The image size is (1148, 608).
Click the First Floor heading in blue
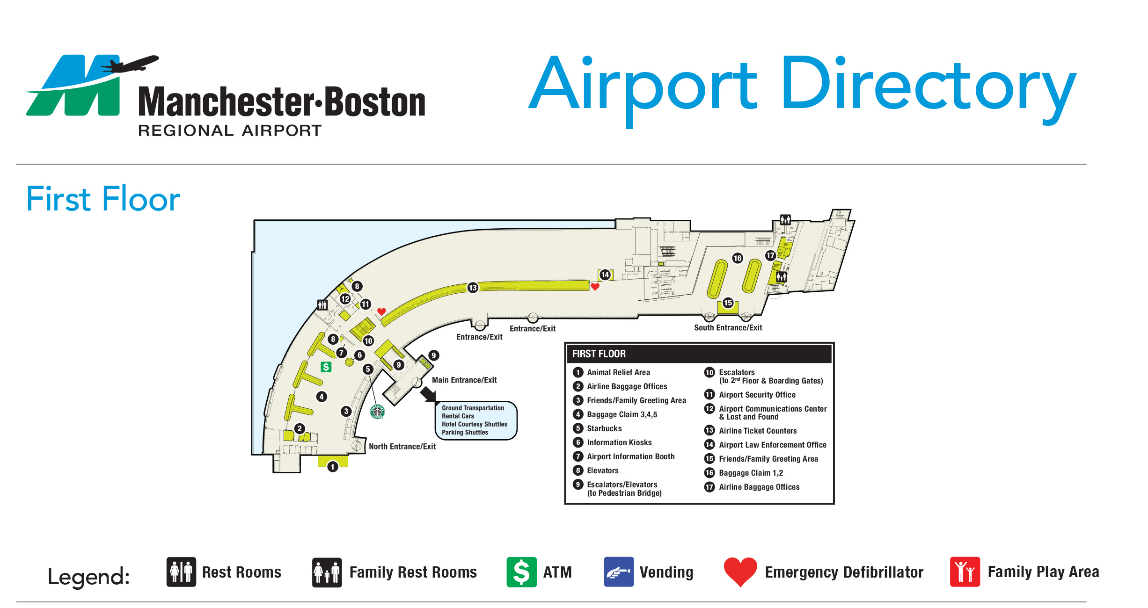103,199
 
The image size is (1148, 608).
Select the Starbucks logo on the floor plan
377,412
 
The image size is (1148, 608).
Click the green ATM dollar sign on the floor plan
326,367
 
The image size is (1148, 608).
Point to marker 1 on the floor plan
333,467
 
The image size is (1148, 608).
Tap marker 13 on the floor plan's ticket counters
473,288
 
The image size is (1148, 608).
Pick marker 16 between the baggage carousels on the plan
738,258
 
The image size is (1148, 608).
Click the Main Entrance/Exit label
464,380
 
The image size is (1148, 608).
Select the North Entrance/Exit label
402,447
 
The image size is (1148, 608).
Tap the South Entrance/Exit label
728,328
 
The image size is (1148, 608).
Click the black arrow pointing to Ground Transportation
428,394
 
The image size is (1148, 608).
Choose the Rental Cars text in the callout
458,416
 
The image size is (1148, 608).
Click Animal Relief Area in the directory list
618,372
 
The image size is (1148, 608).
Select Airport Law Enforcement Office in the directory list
772,445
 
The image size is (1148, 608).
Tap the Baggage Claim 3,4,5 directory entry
622,414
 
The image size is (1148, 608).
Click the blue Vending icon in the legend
619,572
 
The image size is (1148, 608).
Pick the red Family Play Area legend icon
965,572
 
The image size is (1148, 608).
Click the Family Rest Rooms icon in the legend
327,572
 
